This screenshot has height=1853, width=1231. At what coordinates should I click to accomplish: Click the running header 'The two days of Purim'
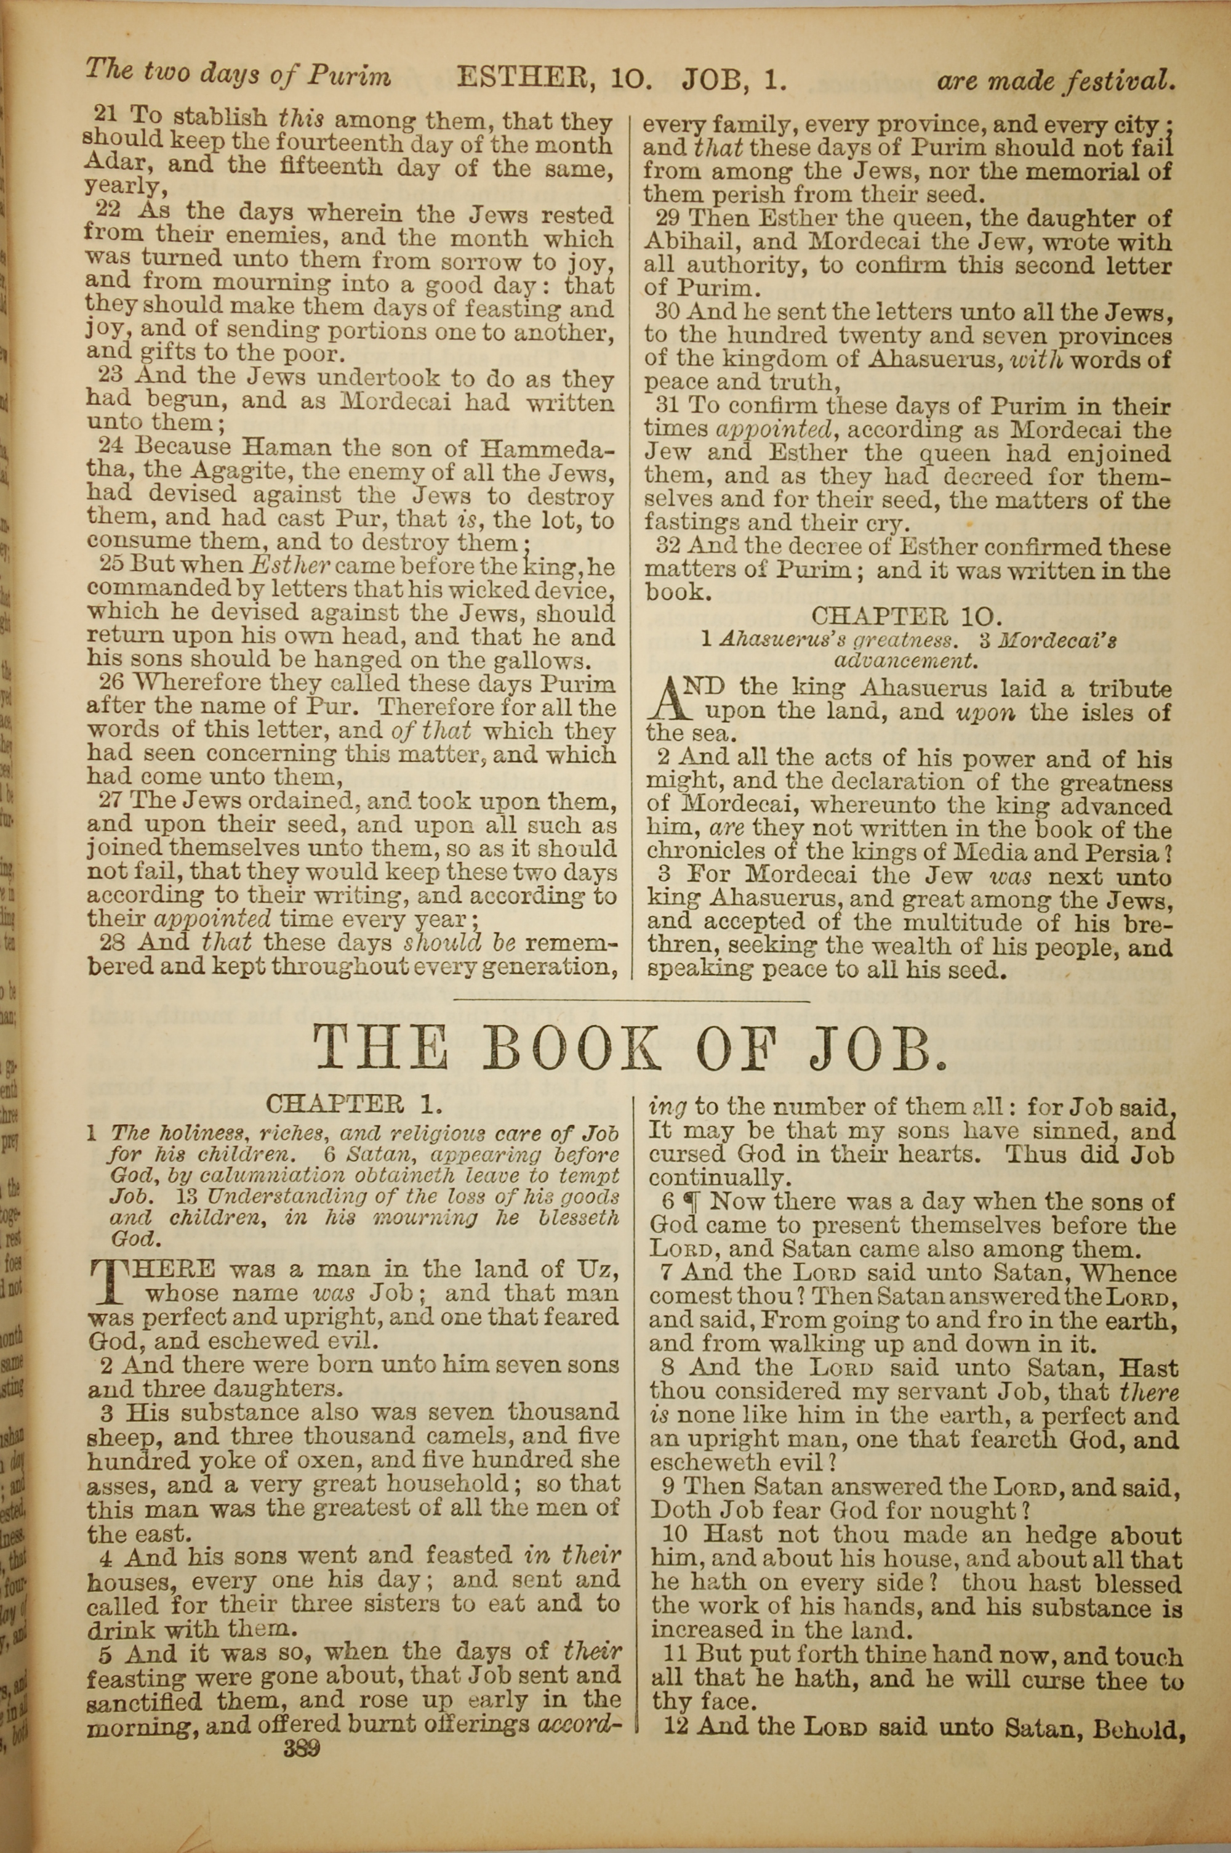point(237,73)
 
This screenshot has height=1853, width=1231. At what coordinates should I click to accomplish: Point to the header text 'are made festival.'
point(1056,79)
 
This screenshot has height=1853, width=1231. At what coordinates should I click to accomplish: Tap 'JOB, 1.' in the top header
point(734,79)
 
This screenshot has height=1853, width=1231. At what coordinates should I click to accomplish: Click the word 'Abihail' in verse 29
point(684,243)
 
